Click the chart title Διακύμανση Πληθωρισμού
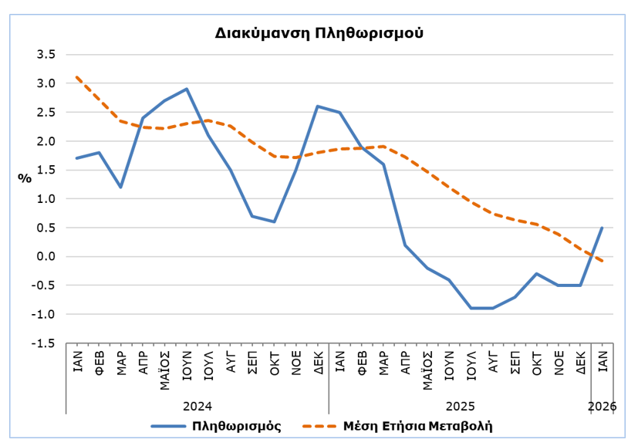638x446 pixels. point(319,34)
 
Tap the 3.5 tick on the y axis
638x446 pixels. point(46,55)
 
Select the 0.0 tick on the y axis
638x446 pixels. point(46,257)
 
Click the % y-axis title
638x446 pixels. point(25,178)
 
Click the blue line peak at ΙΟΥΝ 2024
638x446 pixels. point(187,89)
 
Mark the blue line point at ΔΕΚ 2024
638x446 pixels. point(318,106)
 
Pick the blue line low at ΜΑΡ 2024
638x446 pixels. point(121,188)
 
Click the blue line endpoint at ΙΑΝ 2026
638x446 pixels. point(602,228)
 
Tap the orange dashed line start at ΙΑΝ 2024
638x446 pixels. point(77,77)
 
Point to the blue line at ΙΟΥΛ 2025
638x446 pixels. point(471,308)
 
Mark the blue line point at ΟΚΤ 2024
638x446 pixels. point(274,221)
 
